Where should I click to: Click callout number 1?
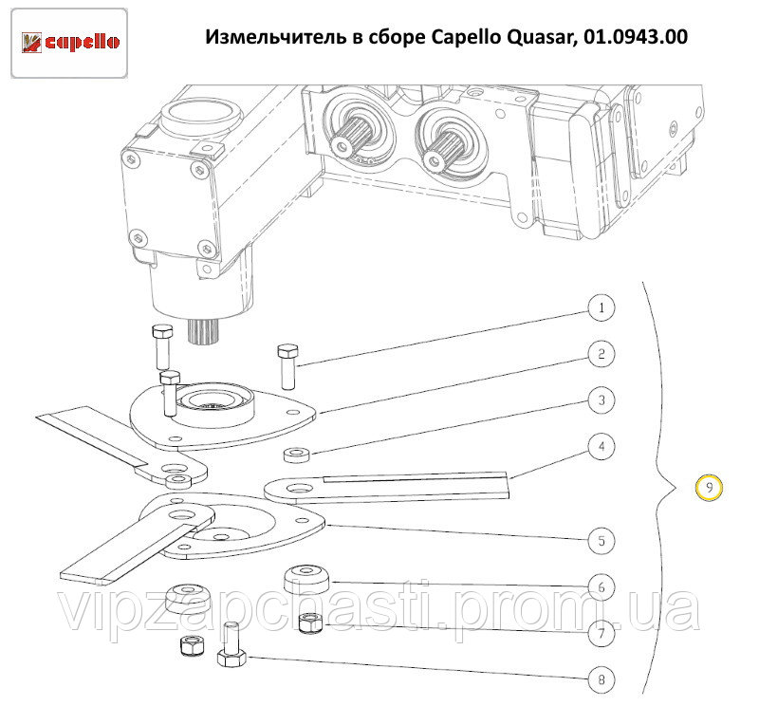pos(600,308)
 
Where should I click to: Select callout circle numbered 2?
pos(600,355)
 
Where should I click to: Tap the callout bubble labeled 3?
pos(600,400)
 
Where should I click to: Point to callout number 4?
pos(600,445)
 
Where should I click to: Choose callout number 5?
pos(600,541)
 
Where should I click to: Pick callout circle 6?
pos(600,586)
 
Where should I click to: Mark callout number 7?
pos(600,632)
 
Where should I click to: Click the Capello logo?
pos(71,42)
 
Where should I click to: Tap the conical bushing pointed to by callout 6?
pos(306,577)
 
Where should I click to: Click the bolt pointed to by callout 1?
pos(288,364)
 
